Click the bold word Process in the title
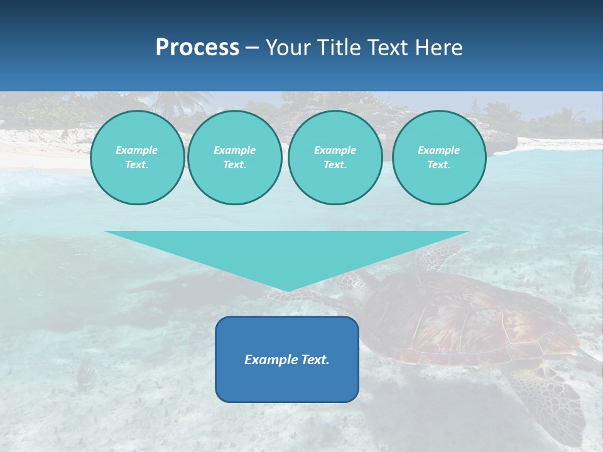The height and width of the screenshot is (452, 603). coord(197,48)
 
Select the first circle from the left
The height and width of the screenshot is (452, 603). coord(137,158)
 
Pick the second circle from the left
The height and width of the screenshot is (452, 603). coord(234,158)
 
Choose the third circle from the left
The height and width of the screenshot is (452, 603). coord(335,158)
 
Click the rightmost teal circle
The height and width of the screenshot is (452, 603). coord(438,158)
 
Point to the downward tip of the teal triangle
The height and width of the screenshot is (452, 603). coord(287,289)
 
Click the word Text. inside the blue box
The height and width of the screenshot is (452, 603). coord(315,360)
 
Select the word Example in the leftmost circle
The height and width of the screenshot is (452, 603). coord(137,150)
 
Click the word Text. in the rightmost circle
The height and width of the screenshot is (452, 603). coord(438,165)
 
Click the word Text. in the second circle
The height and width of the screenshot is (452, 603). coord(234,165)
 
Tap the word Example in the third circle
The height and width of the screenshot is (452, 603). coord(335,150)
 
